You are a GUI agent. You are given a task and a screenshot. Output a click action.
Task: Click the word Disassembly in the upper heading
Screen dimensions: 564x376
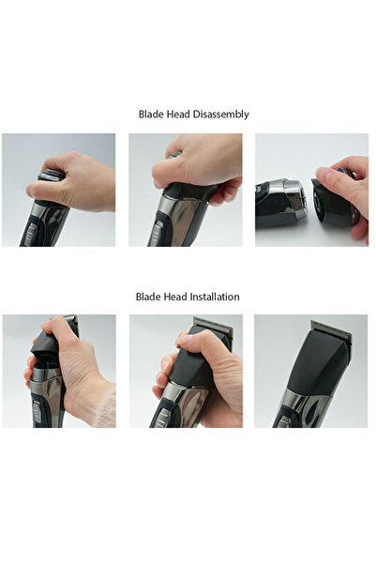(x=220, y=114)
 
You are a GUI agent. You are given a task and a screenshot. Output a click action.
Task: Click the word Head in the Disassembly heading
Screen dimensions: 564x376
(x=180, y=114)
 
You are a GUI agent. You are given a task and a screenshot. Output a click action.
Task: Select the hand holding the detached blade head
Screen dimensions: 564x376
(x=352, y=188)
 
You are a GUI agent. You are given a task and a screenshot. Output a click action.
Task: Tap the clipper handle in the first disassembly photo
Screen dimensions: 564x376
(x=42, y=225)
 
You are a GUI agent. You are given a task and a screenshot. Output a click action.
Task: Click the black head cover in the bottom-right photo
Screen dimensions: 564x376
(x=319, y=371)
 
